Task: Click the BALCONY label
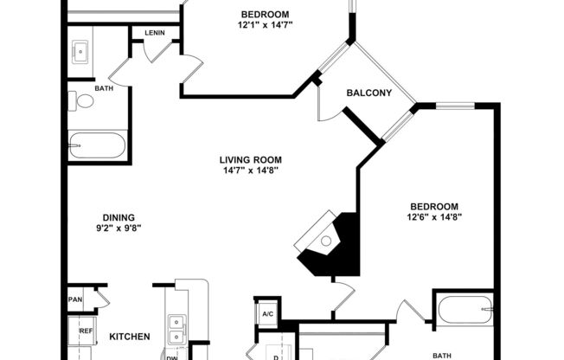pyautogui.click(x=369, y=93)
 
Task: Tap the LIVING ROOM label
pyautogui.click(x=250, y=159)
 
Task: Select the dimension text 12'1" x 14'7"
pyautogui.click(x=265, y=26)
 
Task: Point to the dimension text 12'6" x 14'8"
pyautogui.click(x=433, y=217)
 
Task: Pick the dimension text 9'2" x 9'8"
pyautogui.click(x=119, y=228)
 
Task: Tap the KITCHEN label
pyautogui.click(x=130, y=337)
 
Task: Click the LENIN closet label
pyautogui.click(x=155, y=33)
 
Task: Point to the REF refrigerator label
pyautogui.click(x=86, y=331)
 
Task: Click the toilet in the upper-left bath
pyautogui.click(x=84, y=101)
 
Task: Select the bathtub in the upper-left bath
pyautogui.click(x=98, y=145)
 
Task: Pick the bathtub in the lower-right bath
pyautogui.click(x=464, y=310)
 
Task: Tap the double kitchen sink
pyautogui.click(x=178, y=327)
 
